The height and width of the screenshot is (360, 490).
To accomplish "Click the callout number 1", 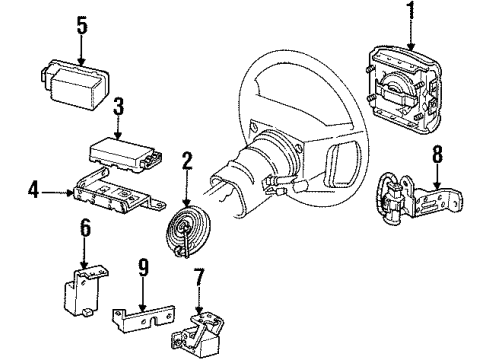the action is (411, 10).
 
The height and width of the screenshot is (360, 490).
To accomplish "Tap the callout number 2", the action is (187, 160).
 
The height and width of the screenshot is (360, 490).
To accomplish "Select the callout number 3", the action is (118, 106).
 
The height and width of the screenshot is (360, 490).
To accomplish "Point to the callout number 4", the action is (33, 191).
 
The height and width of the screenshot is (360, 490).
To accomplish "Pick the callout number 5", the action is (82, 25).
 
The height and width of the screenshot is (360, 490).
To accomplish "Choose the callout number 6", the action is (85, 228).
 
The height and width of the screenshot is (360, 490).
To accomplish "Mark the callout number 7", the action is (199, 277).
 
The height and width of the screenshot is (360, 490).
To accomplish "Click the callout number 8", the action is (437, 154).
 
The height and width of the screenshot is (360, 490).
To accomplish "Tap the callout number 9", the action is (143, 267).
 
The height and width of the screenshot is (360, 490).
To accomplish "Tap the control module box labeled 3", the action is (126, 154).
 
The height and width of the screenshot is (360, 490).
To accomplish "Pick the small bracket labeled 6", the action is (84, 290).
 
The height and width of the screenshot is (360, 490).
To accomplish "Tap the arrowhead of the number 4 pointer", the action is (71, 192).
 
